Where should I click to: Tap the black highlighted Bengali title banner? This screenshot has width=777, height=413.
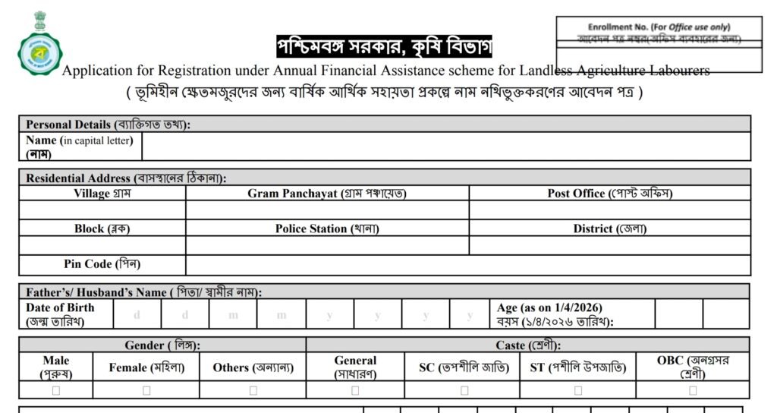tap(384, 47)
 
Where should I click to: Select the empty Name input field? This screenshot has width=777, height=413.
tap(446, 147)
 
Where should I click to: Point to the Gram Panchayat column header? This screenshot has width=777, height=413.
tap(327, 194)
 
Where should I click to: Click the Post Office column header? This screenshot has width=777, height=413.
tap(610, 194)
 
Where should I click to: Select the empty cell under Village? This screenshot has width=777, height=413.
tap(102, 210)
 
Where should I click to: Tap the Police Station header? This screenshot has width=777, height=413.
tap(327, 229)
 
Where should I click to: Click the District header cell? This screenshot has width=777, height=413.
tap(610, 229)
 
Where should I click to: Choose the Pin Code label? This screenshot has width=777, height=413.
tap(102, 264)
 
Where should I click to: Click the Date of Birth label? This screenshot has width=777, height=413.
tap(60, 314)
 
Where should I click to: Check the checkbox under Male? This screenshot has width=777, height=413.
tap(56, 390)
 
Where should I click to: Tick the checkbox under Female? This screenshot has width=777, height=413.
tap(146, 390)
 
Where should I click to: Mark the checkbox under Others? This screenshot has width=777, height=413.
tap(253, 390)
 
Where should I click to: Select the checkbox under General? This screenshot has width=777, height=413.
tap(355, 390)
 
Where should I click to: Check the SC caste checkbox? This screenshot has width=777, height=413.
tap(464, 390)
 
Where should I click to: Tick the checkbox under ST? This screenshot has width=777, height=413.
tap(578, 390)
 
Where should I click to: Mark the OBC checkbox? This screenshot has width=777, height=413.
tap(693, 390)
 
